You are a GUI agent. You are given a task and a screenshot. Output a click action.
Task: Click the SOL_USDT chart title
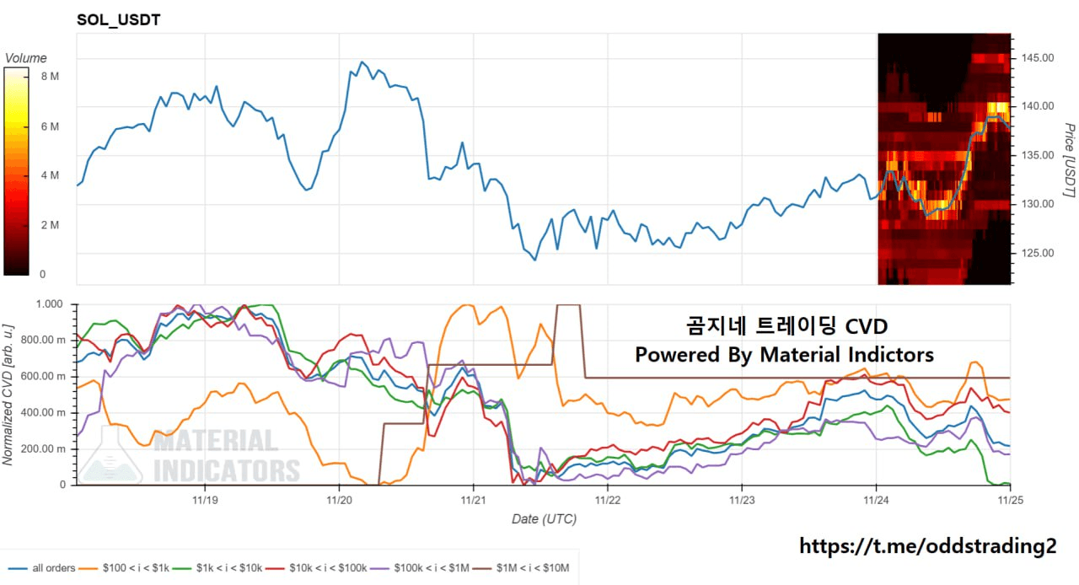118,19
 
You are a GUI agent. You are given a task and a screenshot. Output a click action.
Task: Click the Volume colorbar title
26,58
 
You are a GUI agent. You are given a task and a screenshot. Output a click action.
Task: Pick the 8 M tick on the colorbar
50,77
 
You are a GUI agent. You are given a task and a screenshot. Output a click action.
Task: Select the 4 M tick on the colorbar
50,175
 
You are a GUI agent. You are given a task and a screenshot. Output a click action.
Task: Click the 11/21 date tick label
473,499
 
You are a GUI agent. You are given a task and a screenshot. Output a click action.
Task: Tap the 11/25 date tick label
1010,499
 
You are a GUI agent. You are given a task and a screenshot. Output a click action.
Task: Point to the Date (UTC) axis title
544,519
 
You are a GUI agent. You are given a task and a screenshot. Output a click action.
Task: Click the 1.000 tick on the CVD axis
51,303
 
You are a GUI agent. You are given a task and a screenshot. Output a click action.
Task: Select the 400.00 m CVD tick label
45,413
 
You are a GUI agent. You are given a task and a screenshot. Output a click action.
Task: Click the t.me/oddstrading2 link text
927,546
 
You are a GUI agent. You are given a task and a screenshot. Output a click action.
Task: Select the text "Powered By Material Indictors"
784,355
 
